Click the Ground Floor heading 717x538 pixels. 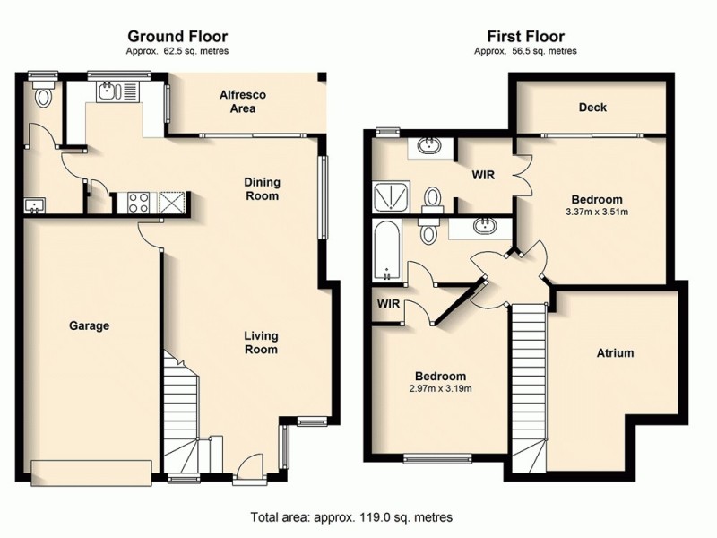[177, 37]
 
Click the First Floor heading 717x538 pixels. [525, 37]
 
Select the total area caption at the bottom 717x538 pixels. [350, 517]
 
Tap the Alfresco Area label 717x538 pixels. [243, 101]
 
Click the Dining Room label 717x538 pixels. [262, 189]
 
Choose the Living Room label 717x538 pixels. [262, 343]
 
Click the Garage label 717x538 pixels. [89, 326]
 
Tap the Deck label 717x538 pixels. [592, 108]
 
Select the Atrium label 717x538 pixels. [615, 353]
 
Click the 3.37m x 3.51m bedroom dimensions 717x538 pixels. [597, 213]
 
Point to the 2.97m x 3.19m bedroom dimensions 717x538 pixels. [440, 388]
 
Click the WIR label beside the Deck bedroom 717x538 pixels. [484, 174]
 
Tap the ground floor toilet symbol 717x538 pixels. [41, 95]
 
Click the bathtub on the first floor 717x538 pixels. [387, 248]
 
